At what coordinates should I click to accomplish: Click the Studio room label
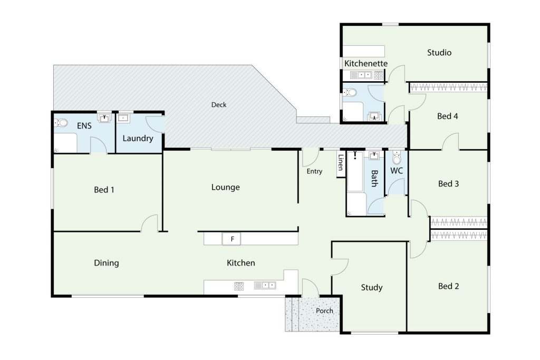coord(439,53)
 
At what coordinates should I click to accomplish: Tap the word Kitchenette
coord(366,64)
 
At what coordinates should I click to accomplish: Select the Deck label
coord(219,105)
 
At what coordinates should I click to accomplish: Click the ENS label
coord(84,126)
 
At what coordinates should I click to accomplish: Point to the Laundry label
coord(138,138)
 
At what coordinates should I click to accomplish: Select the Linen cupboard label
coord(341,162)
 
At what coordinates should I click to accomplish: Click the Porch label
coord(324,311)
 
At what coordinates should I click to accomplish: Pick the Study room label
coord(372,287)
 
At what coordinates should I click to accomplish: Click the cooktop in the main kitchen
coord(239,286)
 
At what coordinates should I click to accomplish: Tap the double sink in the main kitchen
coord(265,285)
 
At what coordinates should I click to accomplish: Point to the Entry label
coord(314,171)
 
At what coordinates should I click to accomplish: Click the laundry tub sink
coord(123,118)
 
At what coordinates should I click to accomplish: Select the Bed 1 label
coord(104,190)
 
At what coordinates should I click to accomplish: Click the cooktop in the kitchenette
coord(379,75)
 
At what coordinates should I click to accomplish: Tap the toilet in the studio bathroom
coord(350,92)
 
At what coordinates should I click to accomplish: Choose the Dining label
coord(107,264)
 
